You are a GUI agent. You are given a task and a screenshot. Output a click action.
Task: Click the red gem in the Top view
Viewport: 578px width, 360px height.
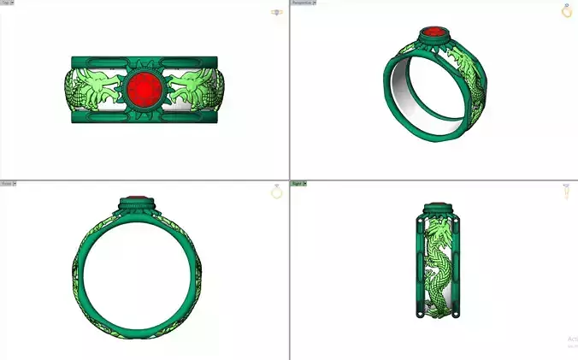[x=144, y=89]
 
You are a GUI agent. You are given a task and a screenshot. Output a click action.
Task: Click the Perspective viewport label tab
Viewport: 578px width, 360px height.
[x=303, y=3]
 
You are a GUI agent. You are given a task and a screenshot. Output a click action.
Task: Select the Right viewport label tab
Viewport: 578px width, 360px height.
[x=298, y=184]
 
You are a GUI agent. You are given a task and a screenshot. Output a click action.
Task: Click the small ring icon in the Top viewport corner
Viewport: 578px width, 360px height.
[x=277, y=12]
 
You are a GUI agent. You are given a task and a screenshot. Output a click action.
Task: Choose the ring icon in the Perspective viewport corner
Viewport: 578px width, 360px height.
[x=566, y=11]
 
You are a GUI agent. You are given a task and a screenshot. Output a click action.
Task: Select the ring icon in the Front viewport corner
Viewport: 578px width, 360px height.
[x=276, y=192]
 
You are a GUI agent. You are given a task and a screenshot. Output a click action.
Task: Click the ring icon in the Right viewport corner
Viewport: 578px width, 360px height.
[x=566, y=192]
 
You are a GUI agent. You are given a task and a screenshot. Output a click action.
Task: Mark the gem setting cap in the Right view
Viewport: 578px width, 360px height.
[x=438, y=205]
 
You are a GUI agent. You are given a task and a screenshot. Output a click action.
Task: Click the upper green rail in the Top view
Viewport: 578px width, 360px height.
[x=144, y=60]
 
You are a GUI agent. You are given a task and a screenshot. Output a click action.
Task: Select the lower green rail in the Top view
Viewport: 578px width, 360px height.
[x=144, y=119]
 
